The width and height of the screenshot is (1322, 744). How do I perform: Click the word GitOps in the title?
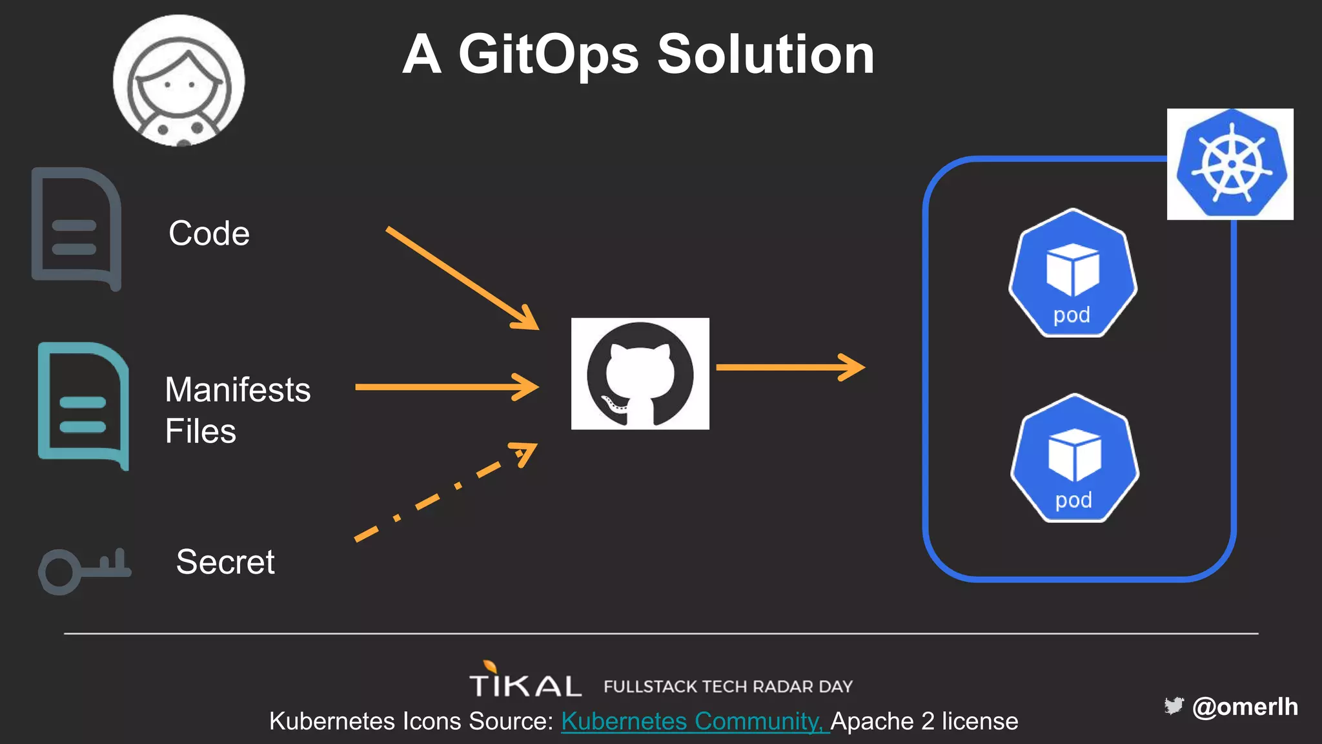point(549,55)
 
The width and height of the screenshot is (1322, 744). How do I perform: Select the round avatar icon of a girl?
point(179,81)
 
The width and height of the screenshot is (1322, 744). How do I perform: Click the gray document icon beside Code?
point(76,229)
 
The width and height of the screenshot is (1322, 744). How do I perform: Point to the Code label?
point(209,233)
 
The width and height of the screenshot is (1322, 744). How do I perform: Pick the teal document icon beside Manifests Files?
point(83,406)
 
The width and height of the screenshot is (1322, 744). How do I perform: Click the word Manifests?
point(238,390)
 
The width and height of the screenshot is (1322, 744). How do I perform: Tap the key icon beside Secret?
point(84,569)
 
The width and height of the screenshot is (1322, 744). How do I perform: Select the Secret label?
point(225,562)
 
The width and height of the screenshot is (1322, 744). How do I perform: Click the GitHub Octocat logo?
point(640,374)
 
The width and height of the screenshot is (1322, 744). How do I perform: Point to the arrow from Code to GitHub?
point(462,278)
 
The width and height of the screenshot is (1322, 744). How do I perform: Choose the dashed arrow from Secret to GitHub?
point(445,492)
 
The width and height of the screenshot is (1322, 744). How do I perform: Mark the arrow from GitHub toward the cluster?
point(790,367)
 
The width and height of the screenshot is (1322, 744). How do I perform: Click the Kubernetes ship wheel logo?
point(1230,164)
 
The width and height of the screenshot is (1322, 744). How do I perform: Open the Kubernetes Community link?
point(695,721)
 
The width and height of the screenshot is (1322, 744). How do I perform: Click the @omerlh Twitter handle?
point(1245,707)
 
